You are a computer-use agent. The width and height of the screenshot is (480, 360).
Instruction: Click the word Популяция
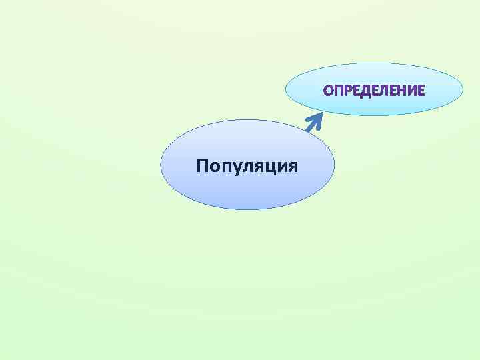[x=247, y=165]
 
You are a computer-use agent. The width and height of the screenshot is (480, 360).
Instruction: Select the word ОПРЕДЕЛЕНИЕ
[x=374, y=91]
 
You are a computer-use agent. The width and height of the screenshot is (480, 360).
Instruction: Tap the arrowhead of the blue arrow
[x=317, y=116]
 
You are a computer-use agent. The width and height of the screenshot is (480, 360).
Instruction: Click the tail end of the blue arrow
[x=307, y=129]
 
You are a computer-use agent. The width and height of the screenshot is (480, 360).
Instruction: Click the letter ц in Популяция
[x=269, y=166]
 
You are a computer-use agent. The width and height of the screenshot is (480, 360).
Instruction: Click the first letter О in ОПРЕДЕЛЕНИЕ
[x=329, y=91]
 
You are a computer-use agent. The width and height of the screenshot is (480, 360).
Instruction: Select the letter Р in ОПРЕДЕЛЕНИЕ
[x=347, y=91]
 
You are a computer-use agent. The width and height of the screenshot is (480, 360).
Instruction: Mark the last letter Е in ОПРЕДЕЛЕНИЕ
[x=421, y=91]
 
